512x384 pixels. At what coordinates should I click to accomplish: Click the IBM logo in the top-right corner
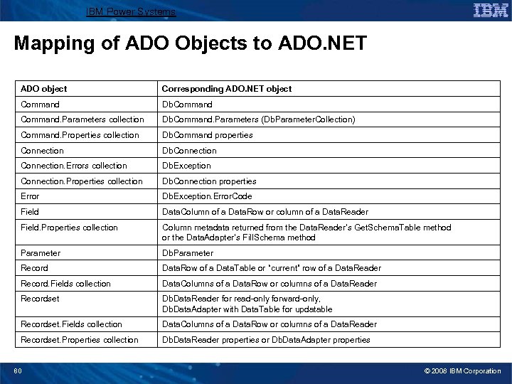[x=490, y=10]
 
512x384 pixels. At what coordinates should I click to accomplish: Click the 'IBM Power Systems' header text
[x=130, y=12]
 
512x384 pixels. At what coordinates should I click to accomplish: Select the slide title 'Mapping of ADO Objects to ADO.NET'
[x=190, y=44]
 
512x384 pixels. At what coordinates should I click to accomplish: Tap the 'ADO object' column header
[x=44, y=89]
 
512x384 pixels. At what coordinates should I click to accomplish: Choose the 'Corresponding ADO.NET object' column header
[x=227, y=89]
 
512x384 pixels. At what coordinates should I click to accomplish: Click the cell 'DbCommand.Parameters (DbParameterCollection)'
[x=259, y=119]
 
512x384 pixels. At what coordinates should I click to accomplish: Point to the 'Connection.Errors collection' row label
[x=74, y=166]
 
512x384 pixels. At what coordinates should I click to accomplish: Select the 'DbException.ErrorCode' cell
[x=207, y=196]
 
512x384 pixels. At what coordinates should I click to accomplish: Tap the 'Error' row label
[x=31, y=196]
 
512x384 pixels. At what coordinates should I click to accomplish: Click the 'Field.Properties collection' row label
[x=70, y=228]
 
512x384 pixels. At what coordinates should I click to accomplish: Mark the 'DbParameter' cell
[x=188, y=253]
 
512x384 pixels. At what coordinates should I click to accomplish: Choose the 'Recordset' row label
[x=41, y=299]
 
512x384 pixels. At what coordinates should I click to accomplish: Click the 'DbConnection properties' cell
[x=210, y=181]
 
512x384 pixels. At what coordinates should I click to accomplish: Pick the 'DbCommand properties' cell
[x=208, y=135]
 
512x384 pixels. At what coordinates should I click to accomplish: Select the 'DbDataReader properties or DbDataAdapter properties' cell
[x=266, y=340]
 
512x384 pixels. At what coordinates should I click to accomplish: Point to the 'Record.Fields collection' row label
[x=66, y=284]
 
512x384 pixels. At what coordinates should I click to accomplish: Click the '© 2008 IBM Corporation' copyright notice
[x=463, y=370]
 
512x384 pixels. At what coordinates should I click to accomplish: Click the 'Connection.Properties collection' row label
[x=82, y=181]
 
